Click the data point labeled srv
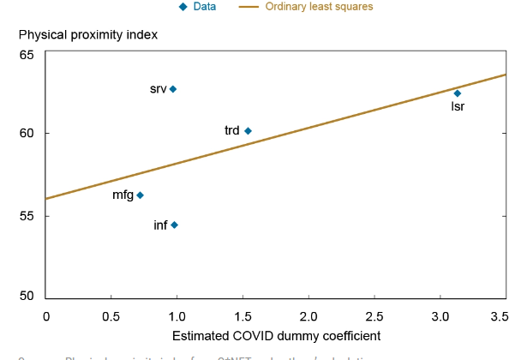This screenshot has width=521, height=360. pyautogui.click(x=172, y=89)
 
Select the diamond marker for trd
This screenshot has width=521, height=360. pyautogui.click(x=248, y=131)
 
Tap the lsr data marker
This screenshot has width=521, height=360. pyautogui.click(x=457, y=93)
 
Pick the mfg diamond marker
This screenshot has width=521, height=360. pyautogui.click(x=140, y=195)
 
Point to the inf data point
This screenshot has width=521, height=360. pyautogui.click(x=174, y=225)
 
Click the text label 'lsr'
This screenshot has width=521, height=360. pyautogui.click(x=458, y=107)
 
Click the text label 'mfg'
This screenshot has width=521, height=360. pyautogui.click(x=123, y=195)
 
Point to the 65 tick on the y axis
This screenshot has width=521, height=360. pyautogui.click(x=27, y=55)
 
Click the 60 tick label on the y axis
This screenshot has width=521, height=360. pyautogui.click(x=27, y=134)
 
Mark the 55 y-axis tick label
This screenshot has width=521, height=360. pyautogui.click(x=27, y=215)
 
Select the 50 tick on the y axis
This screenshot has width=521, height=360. pyautogui.click(x=27, y=297)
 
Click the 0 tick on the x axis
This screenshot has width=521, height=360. pyautogui.click(x=46, y=316)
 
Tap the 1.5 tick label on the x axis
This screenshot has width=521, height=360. pyautogui.click(x=243, y=316)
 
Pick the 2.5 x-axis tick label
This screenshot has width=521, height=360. pyautogui.click(x=374, y=316)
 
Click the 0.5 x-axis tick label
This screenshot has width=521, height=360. pyautogui.click(x=111, y=316)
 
